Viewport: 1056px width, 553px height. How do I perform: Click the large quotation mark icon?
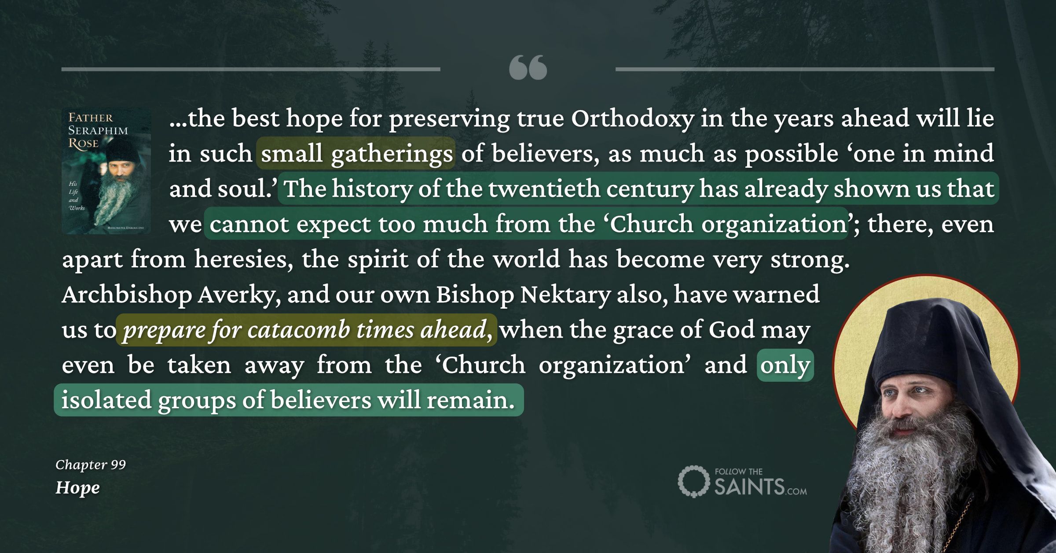coord(528,67)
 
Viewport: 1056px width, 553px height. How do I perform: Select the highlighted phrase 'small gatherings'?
coord(356,154)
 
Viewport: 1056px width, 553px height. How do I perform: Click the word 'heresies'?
coord(243,259)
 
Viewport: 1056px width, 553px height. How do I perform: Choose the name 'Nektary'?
coord(565,295)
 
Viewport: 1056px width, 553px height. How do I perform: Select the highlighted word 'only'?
coord(785,365)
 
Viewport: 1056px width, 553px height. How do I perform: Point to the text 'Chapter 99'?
coord(91,465)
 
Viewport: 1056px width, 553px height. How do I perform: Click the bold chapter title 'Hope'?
coord(77,488)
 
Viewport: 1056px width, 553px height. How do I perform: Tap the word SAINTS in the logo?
coord(749,487)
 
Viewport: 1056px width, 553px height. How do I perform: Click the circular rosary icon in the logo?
coord(693,481)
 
